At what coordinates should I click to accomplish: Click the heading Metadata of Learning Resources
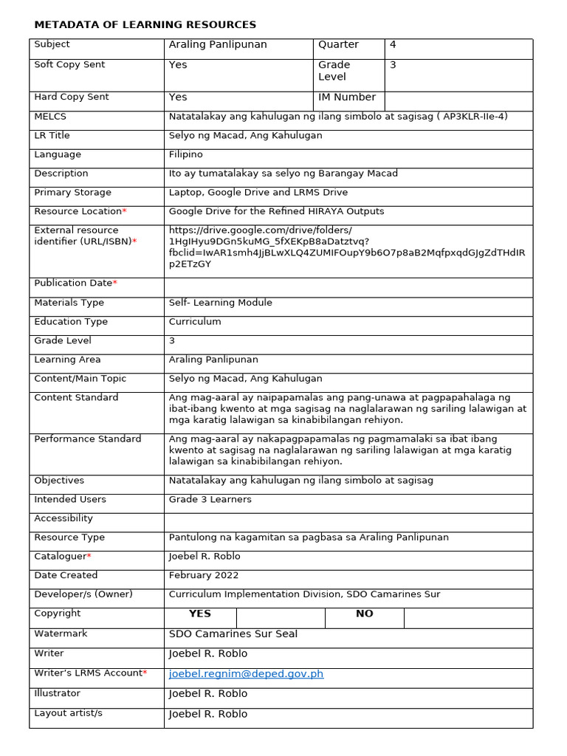tap(145, 25)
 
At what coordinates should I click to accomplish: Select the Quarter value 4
tap(394, 45)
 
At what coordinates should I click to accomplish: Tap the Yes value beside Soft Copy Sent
tap(178, 65)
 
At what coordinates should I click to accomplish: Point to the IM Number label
tap(346, 97)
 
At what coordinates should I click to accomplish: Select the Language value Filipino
tap(185, 155)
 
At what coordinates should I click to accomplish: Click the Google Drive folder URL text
tap(346, 247)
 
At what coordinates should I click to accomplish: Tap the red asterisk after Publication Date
tap(115, 283)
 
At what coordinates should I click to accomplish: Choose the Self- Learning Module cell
tap(220, 303)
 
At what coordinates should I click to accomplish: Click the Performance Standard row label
tap(87, 439)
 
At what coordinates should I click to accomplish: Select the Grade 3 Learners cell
tap(210, 500)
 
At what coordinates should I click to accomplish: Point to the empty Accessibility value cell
tap(348, 519)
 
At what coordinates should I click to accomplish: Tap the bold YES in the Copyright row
tap(199, 614)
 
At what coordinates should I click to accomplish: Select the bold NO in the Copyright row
tap(364, 614)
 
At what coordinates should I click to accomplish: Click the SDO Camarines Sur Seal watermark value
tap(233, 634)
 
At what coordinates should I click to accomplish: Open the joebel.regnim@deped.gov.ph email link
tap(246, 674)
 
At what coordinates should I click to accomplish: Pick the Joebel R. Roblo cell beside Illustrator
tap(207, 694)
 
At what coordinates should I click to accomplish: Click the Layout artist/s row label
tap(68, 713)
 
